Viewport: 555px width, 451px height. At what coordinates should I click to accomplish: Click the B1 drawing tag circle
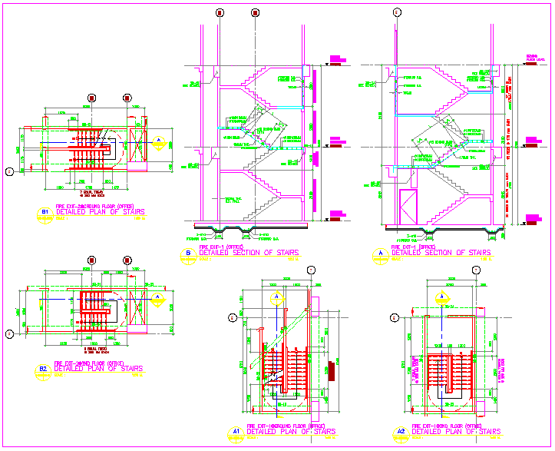45,211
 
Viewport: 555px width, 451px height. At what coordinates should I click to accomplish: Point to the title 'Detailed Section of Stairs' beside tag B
248,252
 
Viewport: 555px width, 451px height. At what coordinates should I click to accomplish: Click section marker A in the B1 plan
159,141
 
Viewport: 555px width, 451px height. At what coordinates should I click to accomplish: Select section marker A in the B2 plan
157,297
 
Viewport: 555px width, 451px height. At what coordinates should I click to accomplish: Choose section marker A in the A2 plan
443,297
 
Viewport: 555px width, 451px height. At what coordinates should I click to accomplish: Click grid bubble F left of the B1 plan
9,171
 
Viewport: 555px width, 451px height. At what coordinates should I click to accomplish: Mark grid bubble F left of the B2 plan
9,333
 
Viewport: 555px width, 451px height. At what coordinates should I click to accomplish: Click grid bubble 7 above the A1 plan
310,270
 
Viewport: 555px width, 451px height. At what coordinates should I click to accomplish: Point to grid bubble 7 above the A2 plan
476,270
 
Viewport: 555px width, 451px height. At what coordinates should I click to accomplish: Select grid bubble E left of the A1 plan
232,316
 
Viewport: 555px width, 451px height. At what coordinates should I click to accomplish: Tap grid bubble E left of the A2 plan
395,317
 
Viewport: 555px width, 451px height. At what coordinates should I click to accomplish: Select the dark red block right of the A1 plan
331,370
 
